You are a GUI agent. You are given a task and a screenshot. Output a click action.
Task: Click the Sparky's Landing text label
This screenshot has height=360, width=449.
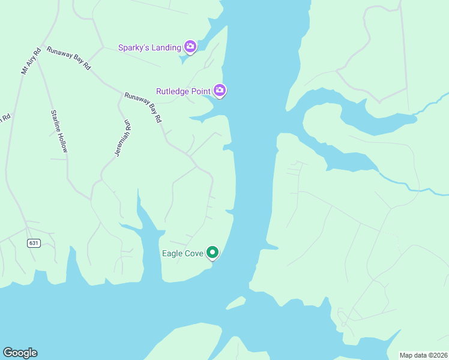(x=149, y=47)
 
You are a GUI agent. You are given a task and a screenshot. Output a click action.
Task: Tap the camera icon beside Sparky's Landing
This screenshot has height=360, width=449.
(x=190, y=47)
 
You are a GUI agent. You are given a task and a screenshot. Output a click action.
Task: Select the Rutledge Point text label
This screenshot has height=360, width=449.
(x=183, y=91)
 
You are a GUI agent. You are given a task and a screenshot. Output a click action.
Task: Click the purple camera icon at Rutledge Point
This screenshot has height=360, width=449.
(x=220, y=91)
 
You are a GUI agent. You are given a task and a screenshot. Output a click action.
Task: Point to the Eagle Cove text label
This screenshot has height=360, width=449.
(x=182, y=253)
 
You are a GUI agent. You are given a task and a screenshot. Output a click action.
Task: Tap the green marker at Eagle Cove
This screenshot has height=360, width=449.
(x=212, y=253)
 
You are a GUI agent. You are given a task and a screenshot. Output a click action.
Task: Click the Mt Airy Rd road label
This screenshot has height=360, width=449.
(x=30, y=61)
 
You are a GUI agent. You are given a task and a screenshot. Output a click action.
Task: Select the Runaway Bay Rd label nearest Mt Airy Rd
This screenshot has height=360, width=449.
(x=68, y=58)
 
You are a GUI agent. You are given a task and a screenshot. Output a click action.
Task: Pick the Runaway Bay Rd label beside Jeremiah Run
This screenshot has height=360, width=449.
(x=143, y=107)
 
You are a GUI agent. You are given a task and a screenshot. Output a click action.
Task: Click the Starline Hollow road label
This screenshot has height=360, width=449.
(x=58, y=131)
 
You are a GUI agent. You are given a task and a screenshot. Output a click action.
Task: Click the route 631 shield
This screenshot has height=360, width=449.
(x=34, y=243)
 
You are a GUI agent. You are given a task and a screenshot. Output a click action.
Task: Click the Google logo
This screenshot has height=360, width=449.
(x=20, y=353)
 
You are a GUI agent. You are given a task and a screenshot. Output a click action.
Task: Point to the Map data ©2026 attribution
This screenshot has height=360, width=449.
(x=423, y=355)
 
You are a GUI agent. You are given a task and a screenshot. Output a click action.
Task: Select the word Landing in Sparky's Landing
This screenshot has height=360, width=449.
(x=166, y=47)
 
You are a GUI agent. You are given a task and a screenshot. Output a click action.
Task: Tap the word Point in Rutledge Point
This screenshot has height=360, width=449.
(x=199, y=91)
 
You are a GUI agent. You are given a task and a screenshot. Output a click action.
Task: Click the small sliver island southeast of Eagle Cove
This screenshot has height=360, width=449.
(x=236, y=303)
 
